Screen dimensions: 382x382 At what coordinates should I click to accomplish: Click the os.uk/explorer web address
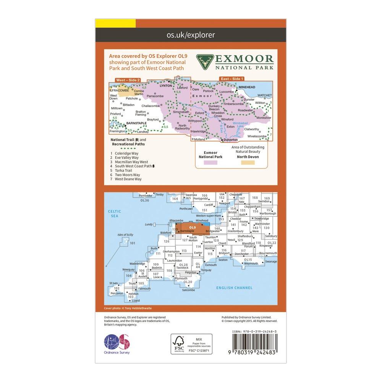(191, 35)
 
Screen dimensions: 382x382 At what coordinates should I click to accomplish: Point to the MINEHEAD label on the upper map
(248, 87)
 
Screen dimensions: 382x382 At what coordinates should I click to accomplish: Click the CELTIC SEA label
(114, 214)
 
